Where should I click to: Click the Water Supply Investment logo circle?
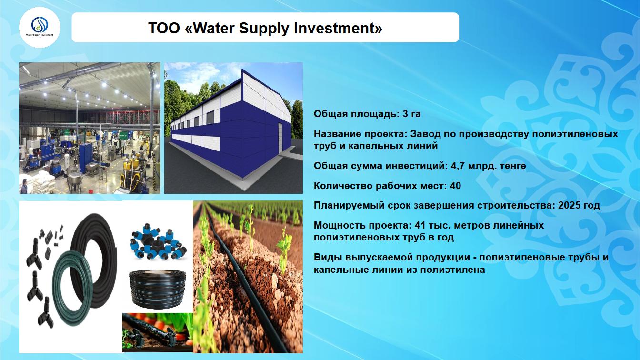tap(40, 28)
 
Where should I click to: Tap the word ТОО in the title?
tap(164, 28)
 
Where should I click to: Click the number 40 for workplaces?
tap(455, 186)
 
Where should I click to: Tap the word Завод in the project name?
tap(425, 134)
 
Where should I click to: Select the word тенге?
tap(513, 166)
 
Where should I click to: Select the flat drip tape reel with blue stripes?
tap(158, 289)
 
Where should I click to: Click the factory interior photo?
tap(90, 128)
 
